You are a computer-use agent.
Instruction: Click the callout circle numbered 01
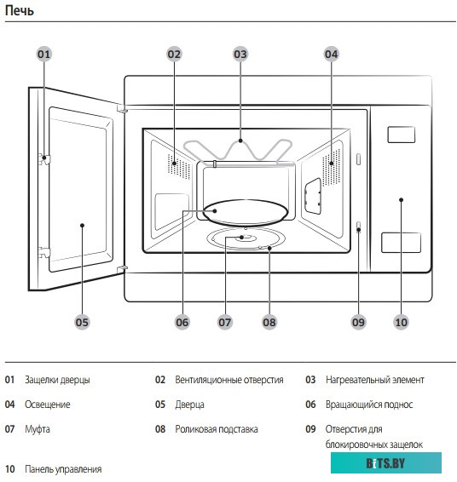tap(43, 55)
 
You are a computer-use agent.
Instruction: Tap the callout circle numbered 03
tap(240, 55)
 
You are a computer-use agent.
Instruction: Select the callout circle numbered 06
tap(182, 323)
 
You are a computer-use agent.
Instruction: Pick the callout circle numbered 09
tap(358, 323)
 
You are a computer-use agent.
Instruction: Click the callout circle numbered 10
tap(401, 323)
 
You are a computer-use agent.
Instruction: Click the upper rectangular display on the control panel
tap(401, 135)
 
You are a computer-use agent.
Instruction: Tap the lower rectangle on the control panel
tap(401, 243)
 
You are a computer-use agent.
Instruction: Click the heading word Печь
tap(19, 11)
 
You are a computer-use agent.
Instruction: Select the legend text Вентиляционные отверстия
tap(229, 380)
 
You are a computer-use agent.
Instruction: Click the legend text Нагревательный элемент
tap(375, 380)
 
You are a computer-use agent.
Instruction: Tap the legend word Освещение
tap(48, 405)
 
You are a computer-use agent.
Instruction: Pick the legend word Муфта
tap(38, 429)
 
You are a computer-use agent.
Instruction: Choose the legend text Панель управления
tap(63, 469)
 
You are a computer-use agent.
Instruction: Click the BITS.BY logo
tap(386, 463)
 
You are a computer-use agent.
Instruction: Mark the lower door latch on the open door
tap(44, 252)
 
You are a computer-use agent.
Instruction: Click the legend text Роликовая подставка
tap(217, 429)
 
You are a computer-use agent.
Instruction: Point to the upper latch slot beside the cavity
tap(358, 159)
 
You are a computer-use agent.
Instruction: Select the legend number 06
tap(310, 405)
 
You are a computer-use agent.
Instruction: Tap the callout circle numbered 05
tap(82, 323)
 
